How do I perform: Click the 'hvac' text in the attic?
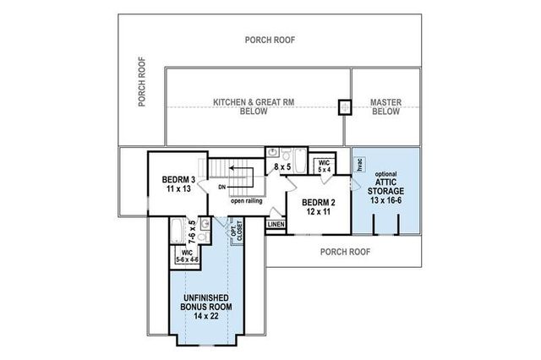click(358, 166)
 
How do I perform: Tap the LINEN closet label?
click(276, 225)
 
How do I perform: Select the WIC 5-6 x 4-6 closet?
click(187, 255)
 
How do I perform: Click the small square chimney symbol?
click(344, 107)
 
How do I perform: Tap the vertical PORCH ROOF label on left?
click(143, 83)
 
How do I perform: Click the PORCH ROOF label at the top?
click(270, 39)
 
